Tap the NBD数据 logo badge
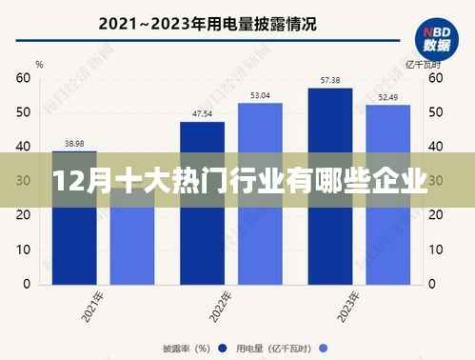pyautogui.click(x=438, y=37)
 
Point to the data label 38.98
pyautogui.click(x=74, y=143)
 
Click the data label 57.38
pyautogui.click(x=330, y=81)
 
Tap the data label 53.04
pyautogui.click(x=260, y=95)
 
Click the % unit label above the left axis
pyautogui.click(x=40, y=64)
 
